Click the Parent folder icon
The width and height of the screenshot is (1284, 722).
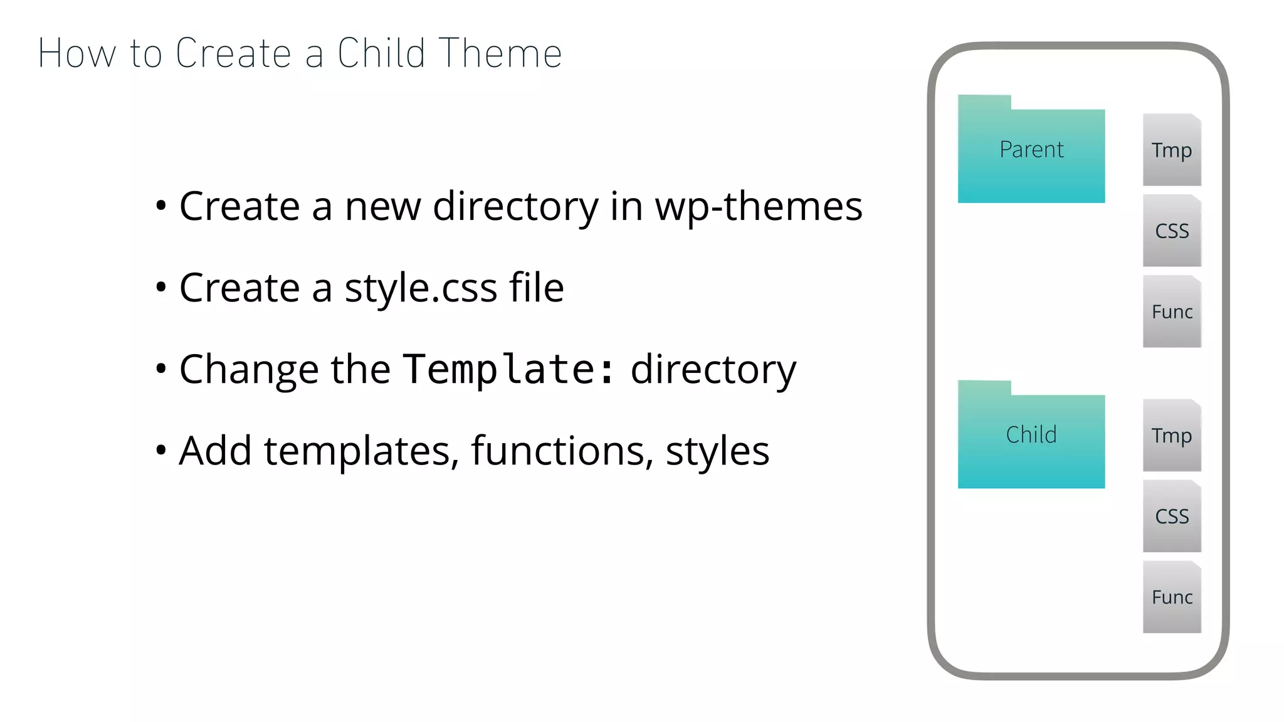pyautogui.click(x=1031, y=150)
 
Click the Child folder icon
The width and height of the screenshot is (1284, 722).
pyautogui.click(x=1031, y=436)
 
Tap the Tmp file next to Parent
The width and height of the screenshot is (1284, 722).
pyautogui.click(x=1171, y=150)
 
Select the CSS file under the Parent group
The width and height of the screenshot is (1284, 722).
pyautogui.click(x=1171, y=231)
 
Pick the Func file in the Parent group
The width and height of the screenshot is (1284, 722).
pyautogui.click(x=1171, y=311)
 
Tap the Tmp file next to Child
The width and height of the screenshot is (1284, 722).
pyautogui.click(x=1171, y=435)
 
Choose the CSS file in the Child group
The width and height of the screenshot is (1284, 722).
pyautogui.click(x=1171, y=516)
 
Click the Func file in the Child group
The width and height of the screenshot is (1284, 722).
pyautogui.click(x=1171, y=597)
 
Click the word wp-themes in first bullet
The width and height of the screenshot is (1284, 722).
pyautogui.click(x=759, y=207)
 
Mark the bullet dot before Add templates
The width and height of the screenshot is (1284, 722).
pyautogui.click(x=161, y=451)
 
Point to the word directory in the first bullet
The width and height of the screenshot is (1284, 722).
pyautogui.click(x=515, y=207)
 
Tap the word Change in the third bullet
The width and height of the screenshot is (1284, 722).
pyautogui.click(x=249, y=369)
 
